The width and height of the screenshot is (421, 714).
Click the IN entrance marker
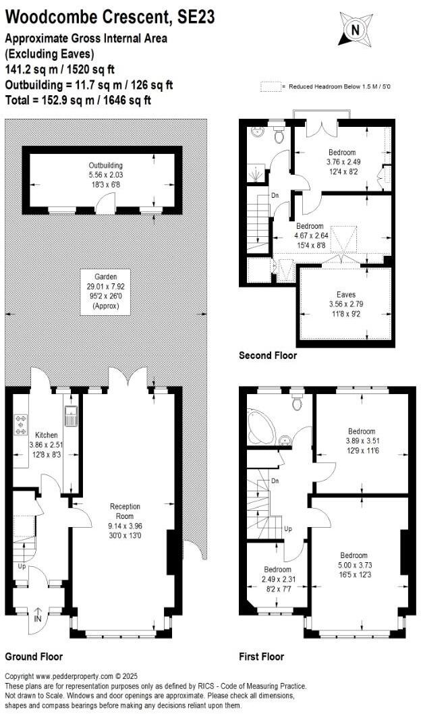tap(37, 617)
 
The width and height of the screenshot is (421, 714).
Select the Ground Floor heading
tap(34, 657)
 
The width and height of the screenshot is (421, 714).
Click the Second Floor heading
tap(268, 356)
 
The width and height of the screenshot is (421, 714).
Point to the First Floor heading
tap(262, 657)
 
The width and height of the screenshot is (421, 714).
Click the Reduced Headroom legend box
tap(271, 87)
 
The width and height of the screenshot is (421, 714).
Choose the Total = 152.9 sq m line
tap(78, 101)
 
